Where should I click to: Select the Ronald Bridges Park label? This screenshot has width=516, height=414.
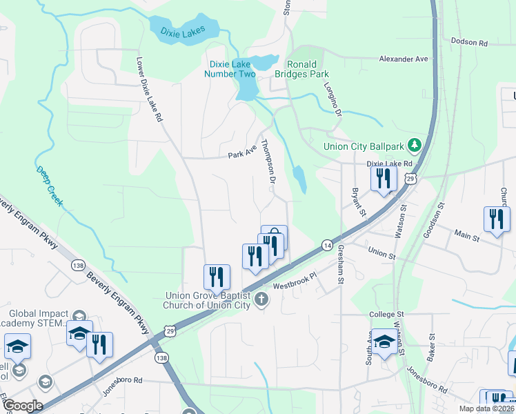pyautogui.click(x=302, y=70)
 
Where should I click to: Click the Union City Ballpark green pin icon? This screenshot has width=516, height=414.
pyautogui.click(x=414, y=145)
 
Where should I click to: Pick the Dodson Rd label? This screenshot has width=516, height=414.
pyautogui.click(x=469, y=43)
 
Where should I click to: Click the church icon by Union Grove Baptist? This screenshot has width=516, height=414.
pyautogui.click(x=261, y=299)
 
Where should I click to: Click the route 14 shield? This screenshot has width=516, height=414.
pyautogui.click(x=327, y=246)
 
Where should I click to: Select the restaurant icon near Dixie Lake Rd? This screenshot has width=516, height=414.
pyautogui.click(x=382, y=179)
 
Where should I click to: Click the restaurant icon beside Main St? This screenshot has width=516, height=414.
pyautogui.click(x=496, y=219)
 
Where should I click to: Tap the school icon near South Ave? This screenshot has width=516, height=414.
pyautogui.click(x=384, y=342)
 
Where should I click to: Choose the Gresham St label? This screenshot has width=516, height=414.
pyautogui.click(x=340, y=266)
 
